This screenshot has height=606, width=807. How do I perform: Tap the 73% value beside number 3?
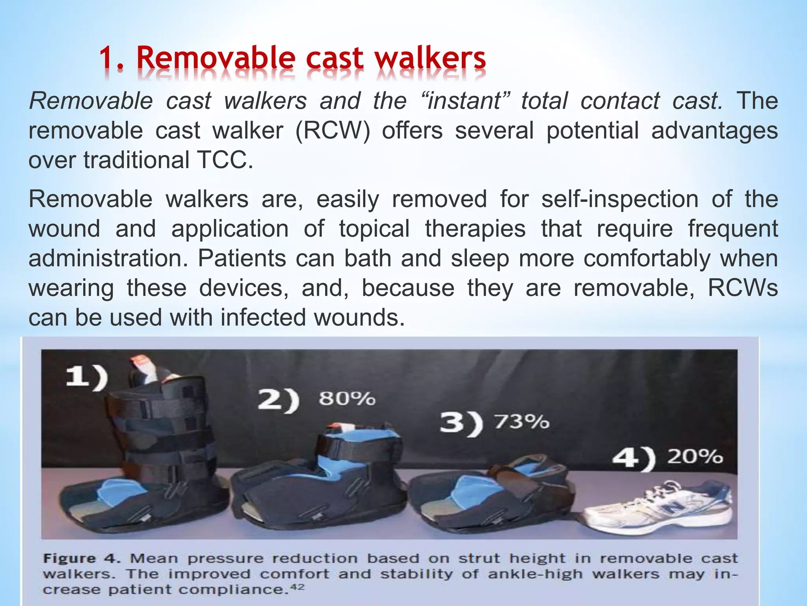521,422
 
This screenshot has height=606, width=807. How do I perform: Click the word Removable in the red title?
216,58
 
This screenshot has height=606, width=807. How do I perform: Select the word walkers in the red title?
430,58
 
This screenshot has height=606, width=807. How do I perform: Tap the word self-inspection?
620,199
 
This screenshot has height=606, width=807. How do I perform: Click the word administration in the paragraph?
108,258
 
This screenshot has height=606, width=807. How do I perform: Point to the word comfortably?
647,258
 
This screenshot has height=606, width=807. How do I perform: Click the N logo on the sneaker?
671,506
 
